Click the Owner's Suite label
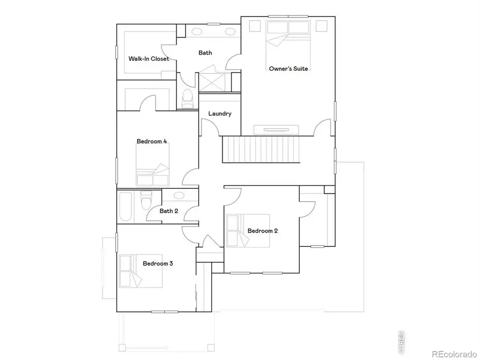pyautogui.click(x=289, y=69)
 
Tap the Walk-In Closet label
pyautogui.click(x=148, y=59)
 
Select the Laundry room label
pyautogui.click(x=220, y=114)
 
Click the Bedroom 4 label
pyautogui.click(x=152, y=141)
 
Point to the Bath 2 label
pyautogui.click(x=169, y=211)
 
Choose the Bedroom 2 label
pyautogui.click(x=262, y=231)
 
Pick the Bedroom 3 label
pyautogui.click(x=157, y=263)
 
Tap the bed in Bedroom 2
pyautogui.click(x=247, y=231)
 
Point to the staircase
pyautogui.click(x=261, y=149)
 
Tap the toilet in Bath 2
pyautogui.click(x=146, y=203)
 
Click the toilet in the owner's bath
pyautogui.click(x=187, y=99)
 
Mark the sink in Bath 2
pyautogui.click(x=179, y=196)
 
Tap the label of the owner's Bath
pyautogui.click(x=205, y=53)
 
